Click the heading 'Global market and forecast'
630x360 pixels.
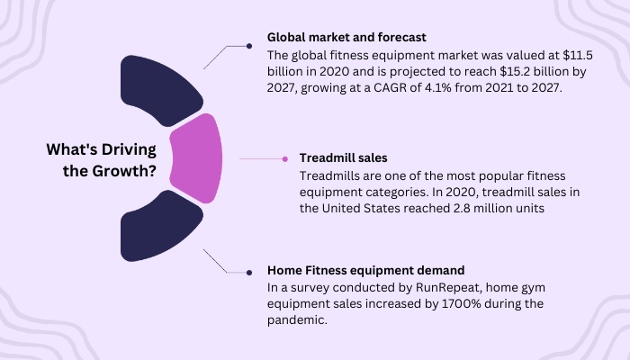pyautogui.click(x=346, y=38)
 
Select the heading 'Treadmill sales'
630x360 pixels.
pyautogui.click(x=343, y=157)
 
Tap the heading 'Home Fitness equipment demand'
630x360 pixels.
pyautogui.click(x=365, y=270)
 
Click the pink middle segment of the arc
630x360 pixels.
pyautogui.click(x=195, y=158)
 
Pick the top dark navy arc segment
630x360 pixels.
pyautogui.click(x=161, y=90)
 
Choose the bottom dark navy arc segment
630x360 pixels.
pyautogui.click(x=161, y=226)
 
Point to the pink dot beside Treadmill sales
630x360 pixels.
pyautogui.click(x=285, y=159)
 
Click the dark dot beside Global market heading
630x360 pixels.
pyautogui.click(x=249, y=46)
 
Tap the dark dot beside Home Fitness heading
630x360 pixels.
pyautogui.click(x=249, y=273)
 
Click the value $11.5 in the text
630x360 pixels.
pyautogui.click(x=578, y=55)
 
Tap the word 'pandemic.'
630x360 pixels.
pyautogui.click(x=297, y=320)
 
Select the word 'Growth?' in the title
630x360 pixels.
pyautogui.click(x=124, y=171)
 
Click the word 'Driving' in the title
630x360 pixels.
pyautogui.click(x=129, y=149)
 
